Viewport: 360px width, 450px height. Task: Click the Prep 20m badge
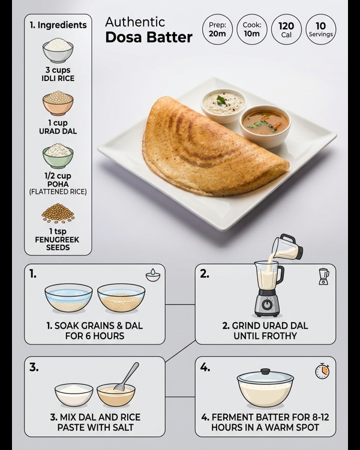(218, 29)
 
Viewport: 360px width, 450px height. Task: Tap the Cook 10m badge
(252, 29)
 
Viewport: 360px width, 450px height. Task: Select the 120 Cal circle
(287, 29)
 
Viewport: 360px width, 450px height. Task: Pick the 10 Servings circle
(321, 29)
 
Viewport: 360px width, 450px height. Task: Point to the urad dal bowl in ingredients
(58, 103)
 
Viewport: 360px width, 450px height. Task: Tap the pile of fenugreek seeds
(58, 214)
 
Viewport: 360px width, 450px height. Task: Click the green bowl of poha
(58, 155)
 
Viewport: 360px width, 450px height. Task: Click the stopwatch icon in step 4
(322, 371)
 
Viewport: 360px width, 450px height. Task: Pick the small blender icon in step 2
(323, 276)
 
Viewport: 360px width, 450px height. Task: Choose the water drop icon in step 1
(153, 275)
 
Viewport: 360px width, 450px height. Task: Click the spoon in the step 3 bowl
(127, 376)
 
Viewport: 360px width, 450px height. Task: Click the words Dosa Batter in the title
(149, 38)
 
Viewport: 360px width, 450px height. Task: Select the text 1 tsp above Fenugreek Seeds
(58, 231)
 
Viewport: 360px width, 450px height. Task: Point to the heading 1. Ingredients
(58, 25)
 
